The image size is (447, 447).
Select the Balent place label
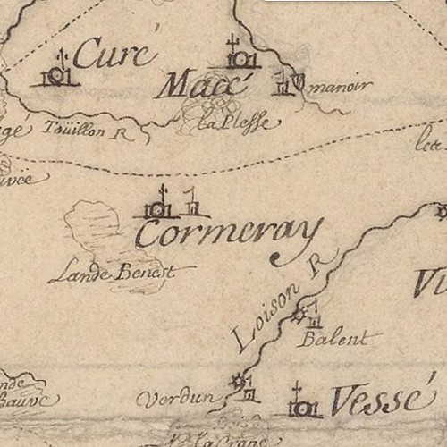pos(334,339)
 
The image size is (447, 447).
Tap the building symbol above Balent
pos(314,315)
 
